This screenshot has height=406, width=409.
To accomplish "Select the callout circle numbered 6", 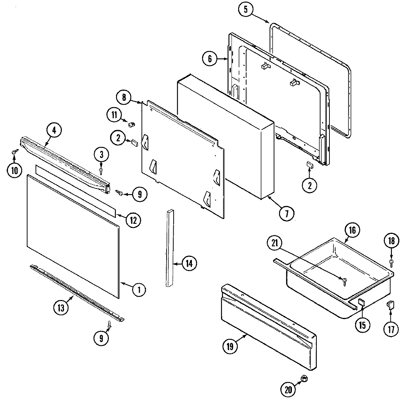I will click(210, 59).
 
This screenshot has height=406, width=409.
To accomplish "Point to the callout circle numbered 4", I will click(54, 130).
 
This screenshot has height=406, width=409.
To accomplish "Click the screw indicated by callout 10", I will click(15, 152).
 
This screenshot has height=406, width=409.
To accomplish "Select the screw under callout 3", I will click(101, 170).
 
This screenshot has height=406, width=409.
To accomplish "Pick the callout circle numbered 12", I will click(133, 220).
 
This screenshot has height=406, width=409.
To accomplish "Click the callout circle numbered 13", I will click(61, 308).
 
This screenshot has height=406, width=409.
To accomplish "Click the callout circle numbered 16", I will click(352, 231).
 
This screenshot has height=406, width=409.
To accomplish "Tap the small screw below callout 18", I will click(392, 262).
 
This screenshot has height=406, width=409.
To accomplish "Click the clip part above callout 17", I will click(390, 305).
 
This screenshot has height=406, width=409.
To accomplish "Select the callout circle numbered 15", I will click(362, 325).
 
